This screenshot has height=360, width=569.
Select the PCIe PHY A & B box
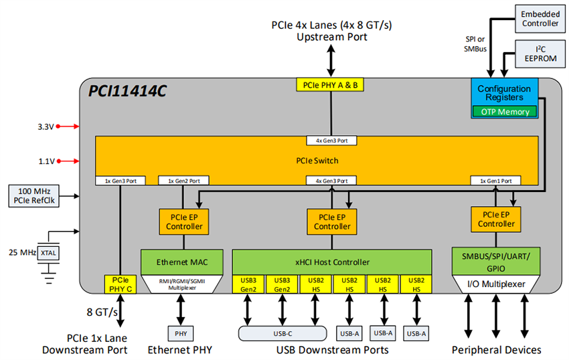click(330, 85)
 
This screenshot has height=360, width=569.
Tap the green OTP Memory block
click(505, 112)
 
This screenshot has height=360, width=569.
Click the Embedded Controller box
click(540, 18)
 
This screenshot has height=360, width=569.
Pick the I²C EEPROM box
click(540, 54)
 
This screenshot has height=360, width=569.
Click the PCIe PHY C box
click(120, 284)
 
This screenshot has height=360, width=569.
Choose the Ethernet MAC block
click(180, 262)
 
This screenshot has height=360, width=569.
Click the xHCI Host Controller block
click(333, 262)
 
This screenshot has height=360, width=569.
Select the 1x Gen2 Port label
click(183, 181)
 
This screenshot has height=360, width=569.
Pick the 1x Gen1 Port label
click(495, 181)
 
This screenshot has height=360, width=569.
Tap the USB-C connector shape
click(281, 333)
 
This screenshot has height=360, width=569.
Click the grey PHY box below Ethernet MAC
click(180, 333)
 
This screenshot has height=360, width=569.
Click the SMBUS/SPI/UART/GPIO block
click(496, 262)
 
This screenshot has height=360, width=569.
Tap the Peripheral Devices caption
click(496, 350)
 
